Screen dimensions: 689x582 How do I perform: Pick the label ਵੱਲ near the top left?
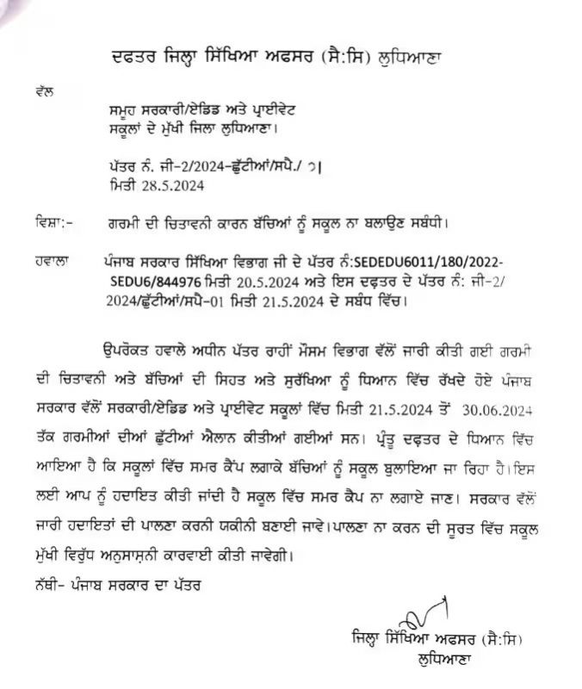click(x=46, y=89)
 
